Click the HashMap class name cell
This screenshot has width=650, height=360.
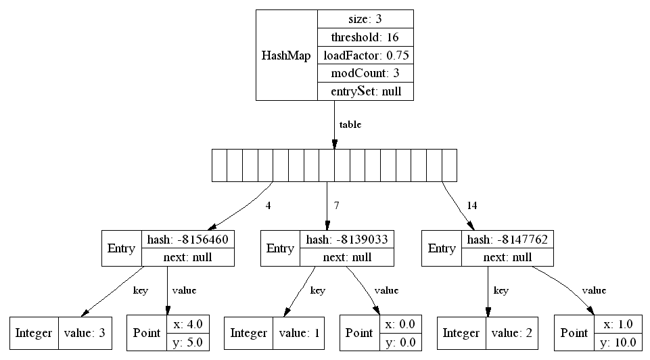pos(287,55)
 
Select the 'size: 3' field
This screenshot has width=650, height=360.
pos(365,19)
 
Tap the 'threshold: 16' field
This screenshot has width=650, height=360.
pos(365,37)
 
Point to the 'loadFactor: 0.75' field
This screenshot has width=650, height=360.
pos(365,55)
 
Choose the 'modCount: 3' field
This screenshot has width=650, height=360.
pos(365,73)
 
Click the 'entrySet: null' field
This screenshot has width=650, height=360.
pos(365,91)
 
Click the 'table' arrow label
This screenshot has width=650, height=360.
pos(350,125)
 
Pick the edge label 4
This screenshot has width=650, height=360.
pos(269,205)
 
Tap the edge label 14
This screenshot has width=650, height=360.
pos(471,205)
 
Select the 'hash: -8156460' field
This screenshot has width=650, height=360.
pos(188,240)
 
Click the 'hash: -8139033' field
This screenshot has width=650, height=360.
pos(347,240)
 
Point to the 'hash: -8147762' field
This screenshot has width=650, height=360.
pos(507,240)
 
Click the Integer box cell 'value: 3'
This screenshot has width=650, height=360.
pos(85,333)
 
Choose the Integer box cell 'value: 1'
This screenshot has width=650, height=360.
pos(299,333)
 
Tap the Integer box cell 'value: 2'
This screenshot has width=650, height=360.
pos(511,333)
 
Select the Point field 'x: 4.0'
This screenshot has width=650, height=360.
pos(188,324)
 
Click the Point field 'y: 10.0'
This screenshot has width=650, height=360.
pos(618,342)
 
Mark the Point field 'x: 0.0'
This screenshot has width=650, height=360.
pos(400,324)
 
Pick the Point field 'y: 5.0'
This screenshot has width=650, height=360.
pos(188,342)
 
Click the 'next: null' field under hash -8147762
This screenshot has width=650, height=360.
pos(507,257)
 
